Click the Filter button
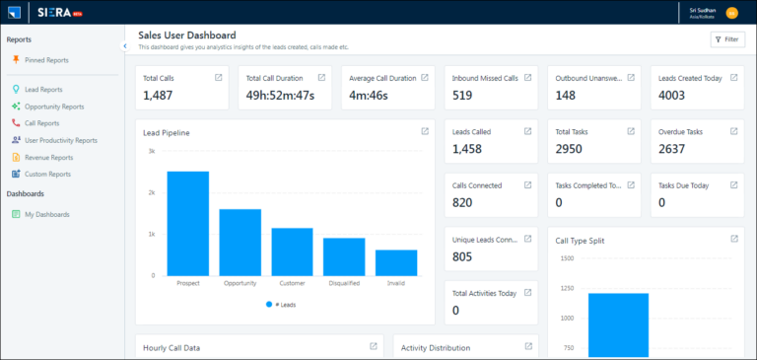point(727,39)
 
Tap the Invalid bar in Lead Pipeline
point(395,262)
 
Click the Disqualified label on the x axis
point(344,283)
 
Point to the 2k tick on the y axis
point(152,192)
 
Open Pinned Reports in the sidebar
point(46,60)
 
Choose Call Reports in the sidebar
point(41,123)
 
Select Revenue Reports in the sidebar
point(48,157)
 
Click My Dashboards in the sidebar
point(46,214)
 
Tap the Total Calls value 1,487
point(158,95)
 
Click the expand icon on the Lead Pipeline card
point(424,131)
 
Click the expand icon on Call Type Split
point(734,239)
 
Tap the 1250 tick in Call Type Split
point(566,288)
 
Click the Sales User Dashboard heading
point(186,35)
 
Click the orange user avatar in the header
point(731,12)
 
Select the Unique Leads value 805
point(462,256)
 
